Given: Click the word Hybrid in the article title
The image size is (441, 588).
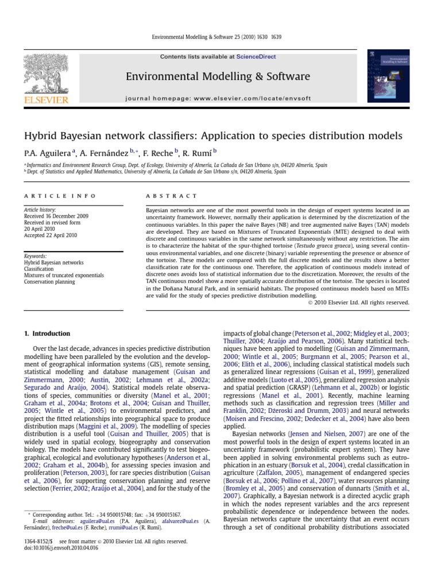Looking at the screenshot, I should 40,136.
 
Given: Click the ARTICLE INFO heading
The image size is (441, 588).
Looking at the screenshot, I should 60,196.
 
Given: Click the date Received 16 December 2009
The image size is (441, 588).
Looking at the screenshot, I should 56,216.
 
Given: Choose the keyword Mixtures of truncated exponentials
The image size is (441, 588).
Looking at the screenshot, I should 64,275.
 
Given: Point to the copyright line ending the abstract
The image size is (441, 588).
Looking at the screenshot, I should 358,303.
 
